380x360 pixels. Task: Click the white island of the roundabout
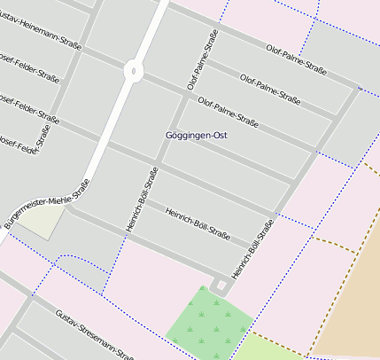133,71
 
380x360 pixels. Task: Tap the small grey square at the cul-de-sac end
220,285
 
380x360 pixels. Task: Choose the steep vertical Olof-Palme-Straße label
202,59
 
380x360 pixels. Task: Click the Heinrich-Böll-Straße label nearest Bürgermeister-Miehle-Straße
143,200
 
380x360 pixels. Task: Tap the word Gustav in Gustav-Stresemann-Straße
66,319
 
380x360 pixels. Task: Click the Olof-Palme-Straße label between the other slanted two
270,85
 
